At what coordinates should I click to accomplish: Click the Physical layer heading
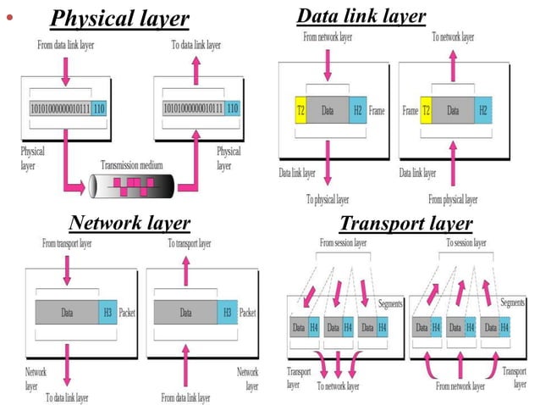[x=119, y=18]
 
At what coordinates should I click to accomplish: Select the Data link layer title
[x=361, y=15]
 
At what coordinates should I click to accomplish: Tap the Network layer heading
[x=129, y=223]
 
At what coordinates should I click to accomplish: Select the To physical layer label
[x=327, y=200]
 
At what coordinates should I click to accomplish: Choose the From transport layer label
[x=67, y=243]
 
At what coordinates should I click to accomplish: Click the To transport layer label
[x=189, y=243]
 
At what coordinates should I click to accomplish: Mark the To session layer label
[x=465, y=243]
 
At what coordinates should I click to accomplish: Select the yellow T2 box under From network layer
[x=300, y=110]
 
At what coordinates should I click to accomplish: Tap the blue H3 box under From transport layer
[x=107, y=312]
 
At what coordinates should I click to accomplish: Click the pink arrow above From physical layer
[x=455, y=165]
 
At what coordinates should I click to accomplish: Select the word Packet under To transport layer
[x=247, y=312]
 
